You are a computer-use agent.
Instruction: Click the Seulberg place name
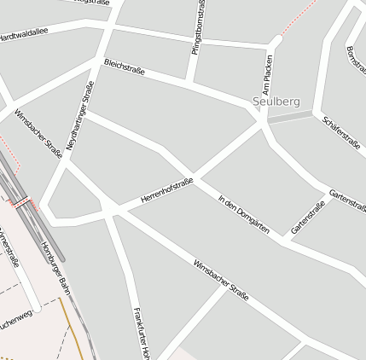click(x=276, y=102)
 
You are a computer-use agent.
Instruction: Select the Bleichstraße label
click(x=125, y=68)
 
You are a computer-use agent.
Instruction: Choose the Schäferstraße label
click(x=341, y=132)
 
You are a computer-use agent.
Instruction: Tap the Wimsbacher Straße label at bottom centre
click(x=221, y=281)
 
